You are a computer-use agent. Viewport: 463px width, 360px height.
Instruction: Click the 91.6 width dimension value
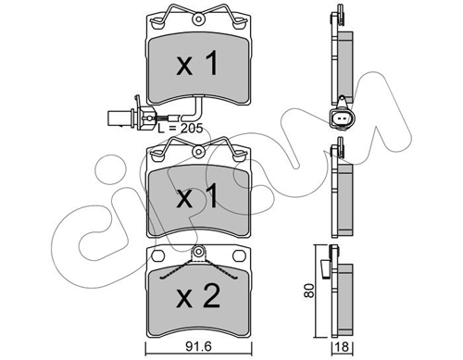(198, 347)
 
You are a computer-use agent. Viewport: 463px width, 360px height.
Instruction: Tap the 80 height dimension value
(308, 291)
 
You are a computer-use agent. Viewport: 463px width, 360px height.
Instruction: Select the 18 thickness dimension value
(343, 347)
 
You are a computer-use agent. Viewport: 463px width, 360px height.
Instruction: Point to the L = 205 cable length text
(181, 128)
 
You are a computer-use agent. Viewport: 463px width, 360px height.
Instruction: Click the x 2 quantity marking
(198, 296)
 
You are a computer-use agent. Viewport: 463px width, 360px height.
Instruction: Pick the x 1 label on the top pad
(197, 64)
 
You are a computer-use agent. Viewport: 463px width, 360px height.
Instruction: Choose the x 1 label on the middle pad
(197, 195)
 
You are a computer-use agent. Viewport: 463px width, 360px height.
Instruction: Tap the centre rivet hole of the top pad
(198, 19)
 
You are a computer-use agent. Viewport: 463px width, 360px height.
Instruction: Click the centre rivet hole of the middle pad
(198, 152)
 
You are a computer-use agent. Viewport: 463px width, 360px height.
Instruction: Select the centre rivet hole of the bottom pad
(198, 251)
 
